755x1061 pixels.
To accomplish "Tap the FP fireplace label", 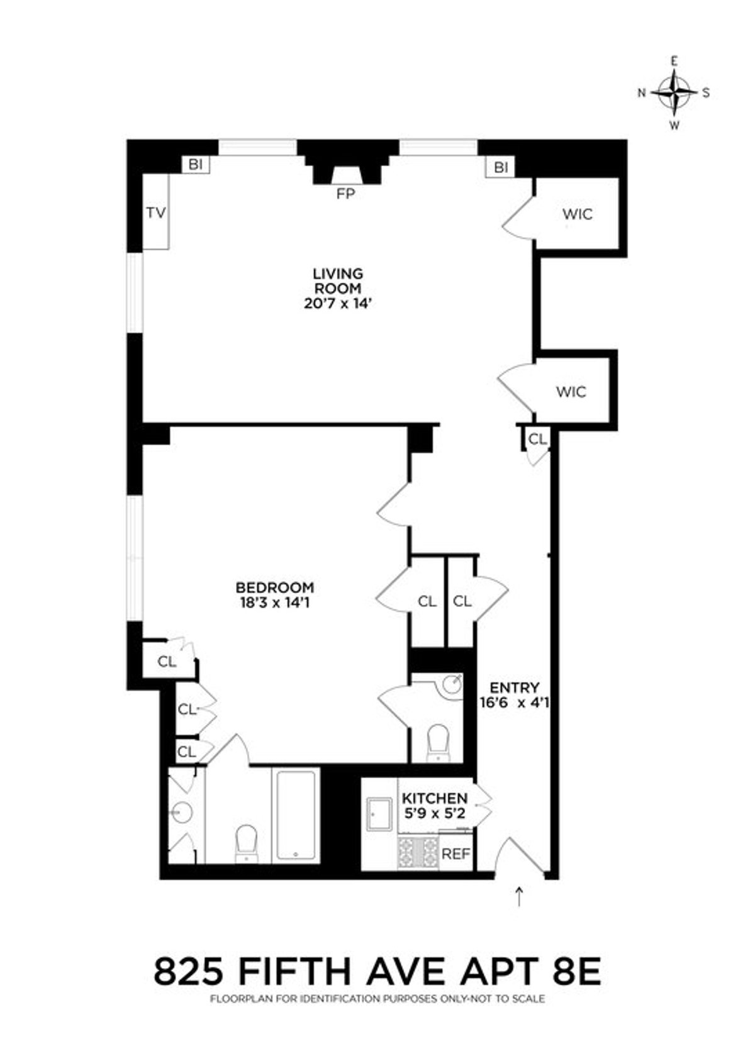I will (345, 194).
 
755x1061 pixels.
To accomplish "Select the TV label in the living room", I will (155, 213).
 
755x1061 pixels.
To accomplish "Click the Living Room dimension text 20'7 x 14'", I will (338, 304).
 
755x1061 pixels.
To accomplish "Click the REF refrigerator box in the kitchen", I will (456, 854).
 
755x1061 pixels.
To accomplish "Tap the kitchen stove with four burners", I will (417, 852).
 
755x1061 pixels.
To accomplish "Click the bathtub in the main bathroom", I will (296, 815).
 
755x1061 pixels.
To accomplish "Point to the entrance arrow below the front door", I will (519, 896).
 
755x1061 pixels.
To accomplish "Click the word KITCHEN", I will (435, 798).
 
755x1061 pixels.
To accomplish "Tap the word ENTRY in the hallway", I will (514, 687).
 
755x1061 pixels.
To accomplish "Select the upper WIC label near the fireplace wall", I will (577, 214).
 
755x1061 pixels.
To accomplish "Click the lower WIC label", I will (571, 392).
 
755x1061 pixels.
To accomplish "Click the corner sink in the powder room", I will (451, 685).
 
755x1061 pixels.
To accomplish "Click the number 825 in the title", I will (189, 971).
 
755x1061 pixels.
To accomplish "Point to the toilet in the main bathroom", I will (245, 843).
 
